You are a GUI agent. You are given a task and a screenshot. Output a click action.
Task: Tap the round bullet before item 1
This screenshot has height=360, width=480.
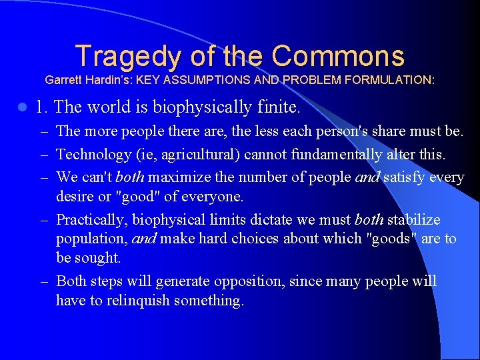(23, 107)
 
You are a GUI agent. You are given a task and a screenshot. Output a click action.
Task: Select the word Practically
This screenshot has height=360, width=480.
(92, 219)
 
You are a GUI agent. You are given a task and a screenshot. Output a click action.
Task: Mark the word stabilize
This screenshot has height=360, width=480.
(413, 219)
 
